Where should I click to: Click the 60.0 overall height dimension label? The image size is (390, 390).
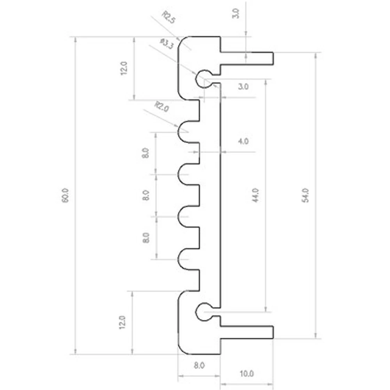pyautogui.click(x=65, y=195)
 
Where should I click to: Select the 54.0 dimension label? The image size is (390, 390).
pyautogui.click(x=305, y=195)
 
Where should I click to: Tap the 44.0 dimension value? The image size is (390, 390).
pyautogui.click(x=255, y=195)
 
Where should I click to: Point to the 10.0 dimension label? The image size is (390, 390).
pyautogui.click(x=246, y=374)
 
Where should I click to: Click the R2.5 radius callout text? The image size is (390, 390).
pyautogui.click(x=169, y=17)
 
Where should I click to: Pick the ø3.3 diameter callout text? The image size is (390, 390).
pyautogui.click(x=167, y=44)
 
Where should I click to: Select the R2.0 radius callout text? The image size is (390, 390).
pyautogui.click(x=162, y=106)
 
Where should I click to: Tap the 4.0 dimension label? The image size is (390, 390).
pyautogui.click(x=243, y=141)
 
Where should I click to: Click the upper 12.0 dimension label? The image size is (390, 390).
pyautogui.click(x=124, y=68)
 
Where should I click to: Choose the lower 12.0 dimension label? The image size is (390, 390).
pyautogui.click(x=122, y=323)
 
